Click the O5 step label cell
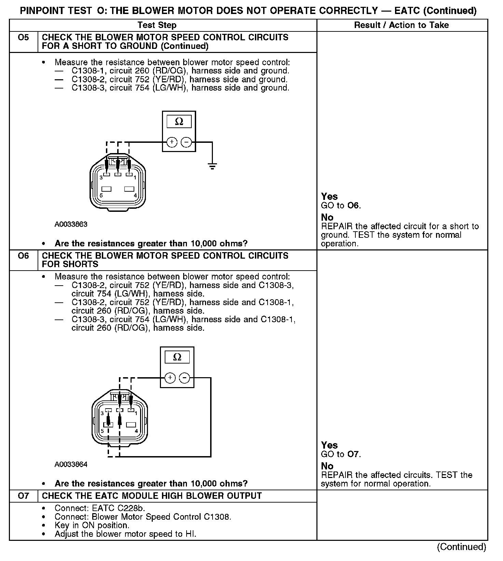[x=23, y=38]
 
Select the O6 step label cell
[x=23, y=256]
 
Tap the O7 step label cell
[x=23, y=496]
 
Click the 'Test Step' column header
[x=157, y=25]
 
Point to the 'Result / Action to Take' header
[x=402, y=25]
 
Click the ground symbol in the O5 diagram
[x=212, y=167]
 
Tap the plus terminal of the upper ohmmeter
[x=172, y=142]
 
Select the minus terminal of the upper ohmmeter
[x=186, y=142]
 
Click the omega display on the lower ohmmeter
[x=177, y=357]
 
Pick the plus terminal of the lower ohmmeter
[x=170, y=378]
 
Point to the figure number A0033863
[x=71, y=224]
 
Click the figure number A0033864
[x=71, y=465]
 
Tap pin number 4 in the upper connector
[x=135, y=195]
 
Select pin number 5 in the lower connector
[x=102, y=431]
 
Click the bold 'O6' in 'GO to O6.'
[x=353, y=206]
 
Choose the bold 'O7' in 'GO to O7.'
[x=353, y=454]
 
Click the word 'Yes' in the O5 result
[x=329, y=196]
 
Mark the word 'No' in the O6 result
[x=327, y=466]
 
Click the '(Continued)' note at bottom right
[x=461, y=547]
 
